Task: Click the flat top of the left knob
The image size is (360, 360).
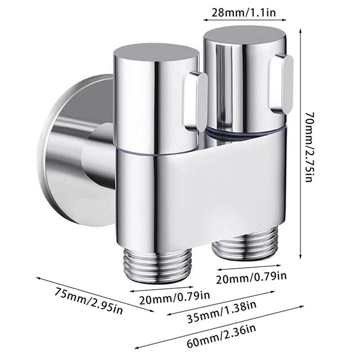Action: (156, 53)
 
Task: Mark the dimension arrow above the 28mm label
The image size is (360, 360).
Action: (244, 20)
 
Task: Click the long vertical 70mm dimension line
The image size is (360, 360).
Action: (301, 144)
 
